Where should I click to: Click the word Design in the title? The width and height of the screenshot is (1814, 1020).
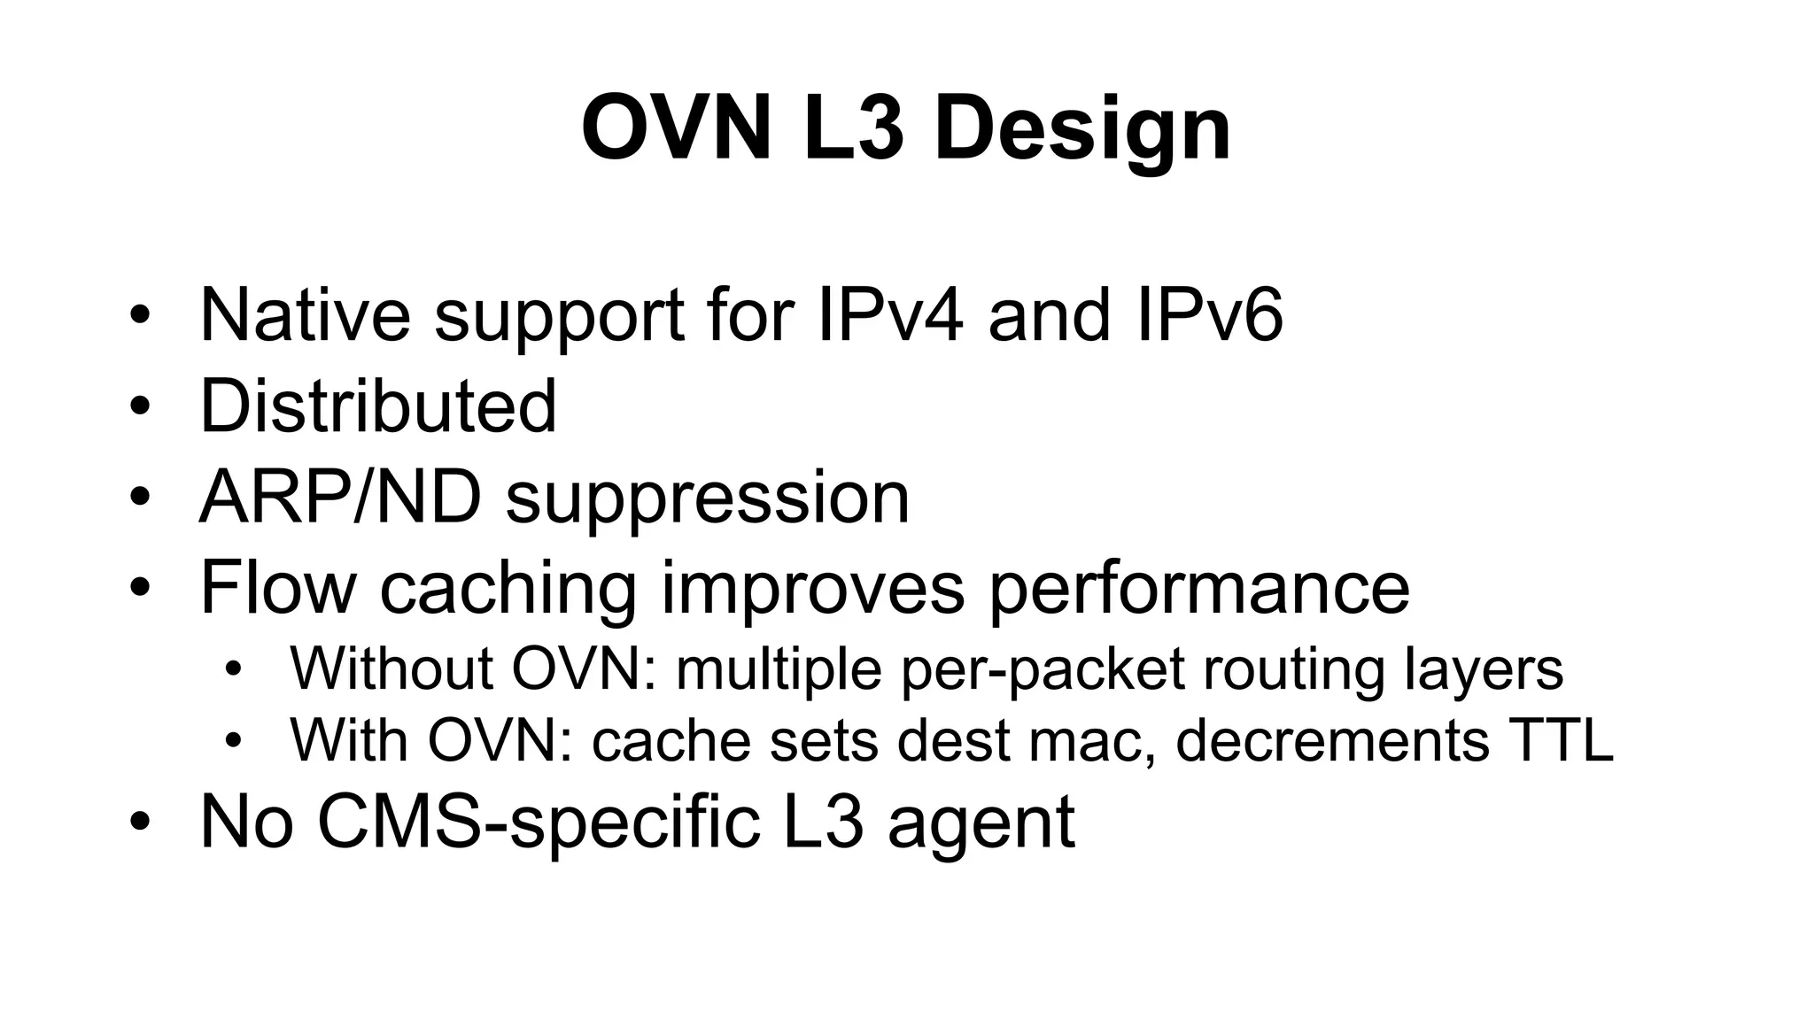tap(1081, 129)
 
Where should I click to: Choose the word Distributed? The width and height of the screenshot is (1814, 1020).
tap(378, 406)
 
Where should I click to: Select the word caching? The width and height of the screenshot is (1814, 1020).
tap(508, 589)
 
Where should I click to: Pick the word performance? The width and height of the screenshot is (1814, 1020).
tap(1198, 589)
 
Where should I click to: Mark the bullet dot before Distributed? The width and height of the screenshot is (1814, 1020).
tap(140, 407)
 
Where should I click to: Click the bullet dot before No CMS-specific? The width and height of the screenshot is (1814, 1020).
tap(140, 823)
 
